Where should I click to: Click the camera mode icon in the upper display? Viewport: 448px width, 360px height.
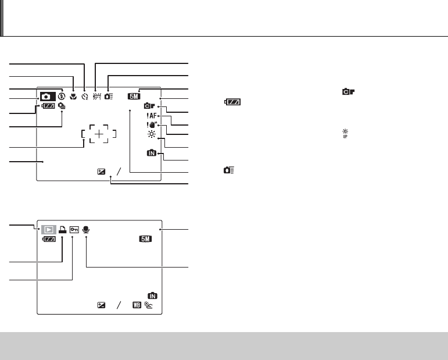[x=47, y=96]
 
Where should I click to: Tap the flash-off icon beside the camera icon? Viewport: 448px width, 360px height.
[x=61, y=96]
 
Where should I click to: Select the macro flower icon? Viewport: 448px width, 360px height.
[x=73, y=97]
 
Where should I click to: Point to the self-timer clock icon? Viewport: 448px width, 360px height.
[x=85, y=97]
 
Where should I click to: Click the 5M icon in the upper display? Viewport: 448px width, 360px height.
[x=134, y=97]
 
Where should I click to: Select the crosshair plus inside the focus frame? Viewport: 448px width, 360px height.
[x=100, y=134]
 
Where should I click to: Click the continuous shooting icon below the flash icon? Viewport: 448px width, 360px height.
[x=62, y=106]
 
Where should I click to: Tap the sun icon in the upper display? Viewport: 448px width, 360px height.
[x=152, y=134]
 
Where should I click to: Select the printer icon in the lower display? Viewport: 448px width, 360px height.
[x=62, y=229]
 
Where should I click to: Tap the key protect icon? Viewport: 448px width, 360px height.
[x=74, y=229]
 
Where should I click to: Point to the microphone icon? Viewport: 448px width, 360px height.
[x=86, y=229]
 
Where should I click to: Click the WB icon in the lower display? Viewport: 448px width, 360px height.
[x=136, y=304]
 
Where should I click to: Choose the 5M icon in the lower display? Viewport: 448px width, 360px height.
[x=146, y=239]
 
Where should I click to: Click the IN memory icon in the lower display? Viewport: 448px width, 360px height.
[x=152, y=295]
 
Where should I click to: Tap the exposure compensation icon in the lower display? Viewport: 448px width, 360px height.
[x=102, y=305]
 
